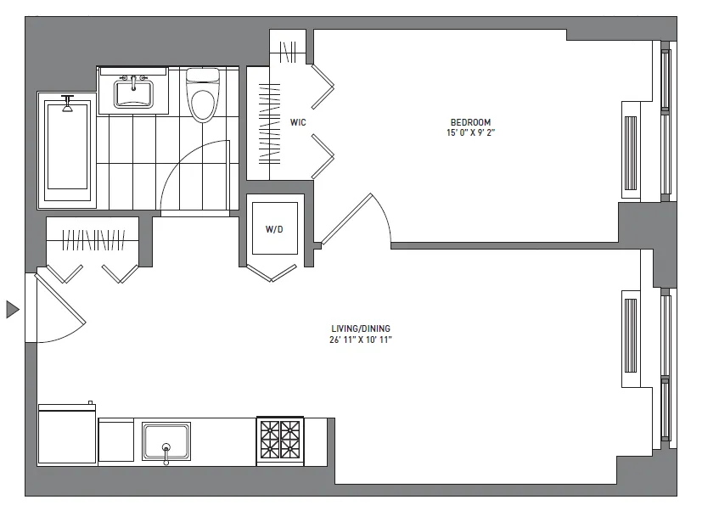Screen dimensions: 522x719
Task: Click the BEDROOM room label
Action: [x=467, y=121]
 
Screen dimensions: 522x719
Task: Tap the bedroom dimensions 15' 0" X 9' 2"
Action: [x=467, y=132]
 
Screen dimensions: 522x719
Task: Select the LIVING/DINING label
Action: [x=361, y=328]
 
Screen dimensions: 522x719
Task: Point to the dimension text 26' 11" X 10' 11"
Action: [x=361, y=340]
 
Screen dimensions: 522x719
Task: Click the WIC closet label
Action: [x=297, y=123]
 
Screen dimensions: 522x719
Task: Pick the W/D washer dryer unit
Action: [x=274, y=228]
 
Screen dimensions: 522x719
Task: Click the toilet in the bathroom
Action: [x=202, y=96]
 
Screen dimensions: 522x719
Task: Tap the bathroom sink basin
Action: [x=133, y=92]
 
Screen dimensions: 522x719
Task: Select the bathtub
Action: [x=66, y=150]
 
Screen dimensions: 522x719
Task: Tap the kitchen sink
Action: [x=166, y=442]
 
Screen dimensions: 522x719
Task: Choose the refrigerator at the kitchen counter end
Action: [x=67, y=435]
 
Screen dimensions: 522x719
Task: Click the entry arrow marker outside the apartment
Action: [x=12, y=309]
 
